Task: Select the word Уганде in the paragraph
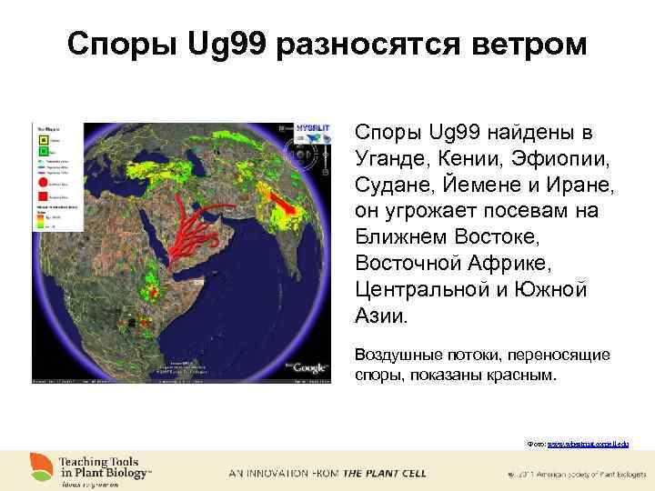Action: [390, 160]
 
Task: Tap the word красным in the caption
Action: [519, 373]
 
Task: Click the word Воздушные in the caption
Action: [397, 355]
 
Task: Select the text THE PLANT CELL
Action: [383, 474]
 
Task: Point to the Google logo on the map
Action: [309, 366]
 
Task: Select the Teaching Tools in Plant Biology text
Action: [105, 467]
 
